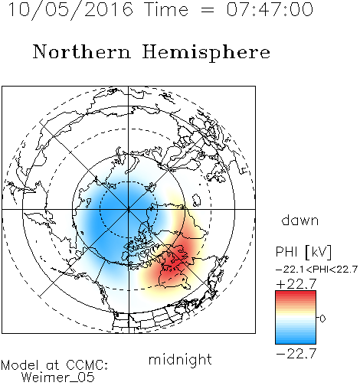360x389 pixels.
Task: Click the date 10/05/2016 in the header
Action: click(x=70, y=9)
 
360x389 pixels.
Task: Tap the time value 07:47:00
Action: click(x=270, y=9)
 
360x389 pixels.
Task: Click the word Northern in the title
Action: click(x=82, y=51)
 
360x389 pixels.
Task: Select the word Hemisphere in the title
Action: click(x=206, y=53)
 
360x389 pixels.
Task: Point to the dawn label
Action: click(x=300, y=220)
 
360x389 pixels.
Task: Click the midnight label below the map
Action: click(x=180, y=360)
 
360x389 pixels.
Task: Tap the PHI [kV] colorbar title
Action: click(x=303, y=252)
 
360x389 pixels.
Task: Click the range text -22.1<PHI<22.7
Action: click(x=316, y=270)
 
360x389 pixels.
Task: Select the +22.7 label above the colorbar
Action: click(x=296, y=284)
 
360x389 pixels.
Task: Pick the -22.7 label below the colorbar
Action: click(x=296, y=354)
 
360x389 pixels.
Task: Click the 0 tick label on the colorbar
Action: click(x=322, y=319)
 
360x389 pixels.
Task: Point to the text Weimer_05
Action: click(x=58, y=377)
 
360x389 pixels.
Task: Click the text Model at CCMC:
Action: click(x=54, y=365)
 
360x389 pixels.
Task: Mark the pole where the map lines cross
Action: click(x=129, y=209)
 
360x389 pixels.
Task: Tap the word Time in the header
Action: click(x=166, y=9)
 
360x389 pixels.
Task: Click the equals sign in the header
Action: click(x=207, y=10)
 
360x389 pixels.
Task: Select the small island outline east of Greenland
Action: click(x=196, y=200)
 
